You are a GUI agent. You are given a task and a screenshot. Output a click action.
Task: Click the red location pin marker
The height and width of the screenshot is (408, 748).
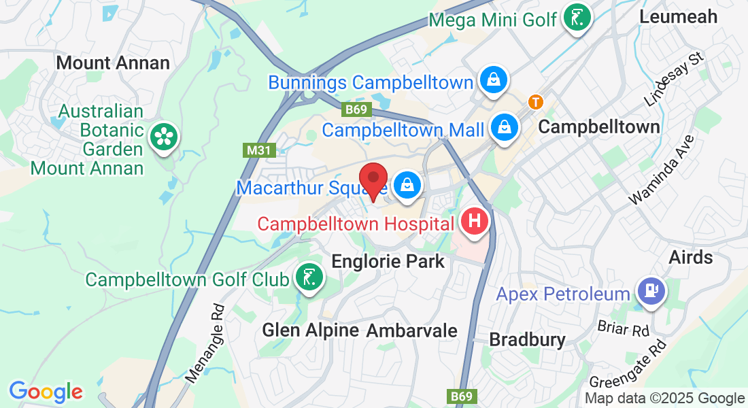[x=373, y=180]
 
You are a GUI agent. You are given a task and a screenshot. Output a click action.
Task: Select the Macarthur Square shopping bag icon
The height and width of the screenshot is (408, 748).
[x=407, y=184]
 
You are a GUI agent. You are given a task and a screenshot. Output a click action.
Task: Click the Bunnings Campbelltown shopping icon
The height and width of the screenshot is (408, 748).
[x=492, y=80]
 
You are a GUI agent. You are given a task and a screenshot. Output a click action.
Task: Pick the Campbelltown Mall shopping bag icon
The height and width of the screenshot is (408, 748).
[x=505, y=126]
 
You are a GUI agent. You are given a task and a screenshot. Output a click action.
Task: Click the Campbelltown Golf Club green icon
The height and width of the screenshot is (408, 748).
[x=309, y=277]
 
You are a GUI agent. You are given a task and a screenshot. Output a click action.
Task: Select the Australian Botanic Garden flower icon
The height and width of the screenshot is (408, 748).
[x=163, y=137]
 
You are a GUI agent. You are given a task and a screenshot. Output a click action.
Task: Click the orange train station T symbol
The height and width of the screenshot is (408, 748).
[x=536, y=102]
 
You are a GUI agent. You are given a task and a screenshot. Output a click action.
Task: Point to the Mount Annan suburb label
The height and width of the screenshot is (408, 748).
[x=113, y=63]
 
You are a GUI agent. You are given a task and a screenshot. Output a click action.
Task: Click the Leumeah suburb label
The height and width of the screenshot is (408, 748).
[x=679, y=16]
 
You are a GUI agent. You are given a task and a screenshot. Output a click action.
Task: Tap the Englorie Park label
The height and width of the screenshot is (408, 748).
[x=388, y=261]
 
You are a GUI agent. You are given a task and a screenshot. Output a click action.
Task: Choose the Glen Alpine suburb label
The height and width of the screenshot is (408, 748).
[x=310, y=330]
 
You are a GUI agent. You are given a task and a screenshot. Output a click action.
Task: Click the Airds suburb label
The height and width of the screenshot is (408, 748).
[x=690, y=257]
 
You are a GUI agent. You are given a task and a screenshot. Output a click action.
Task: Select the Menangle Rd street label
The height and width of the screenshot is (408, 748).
[x=204, y=343]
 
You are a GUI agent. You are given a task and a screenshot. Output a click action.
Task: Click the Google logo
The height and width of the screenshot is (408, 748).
[x=46, y=392]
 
